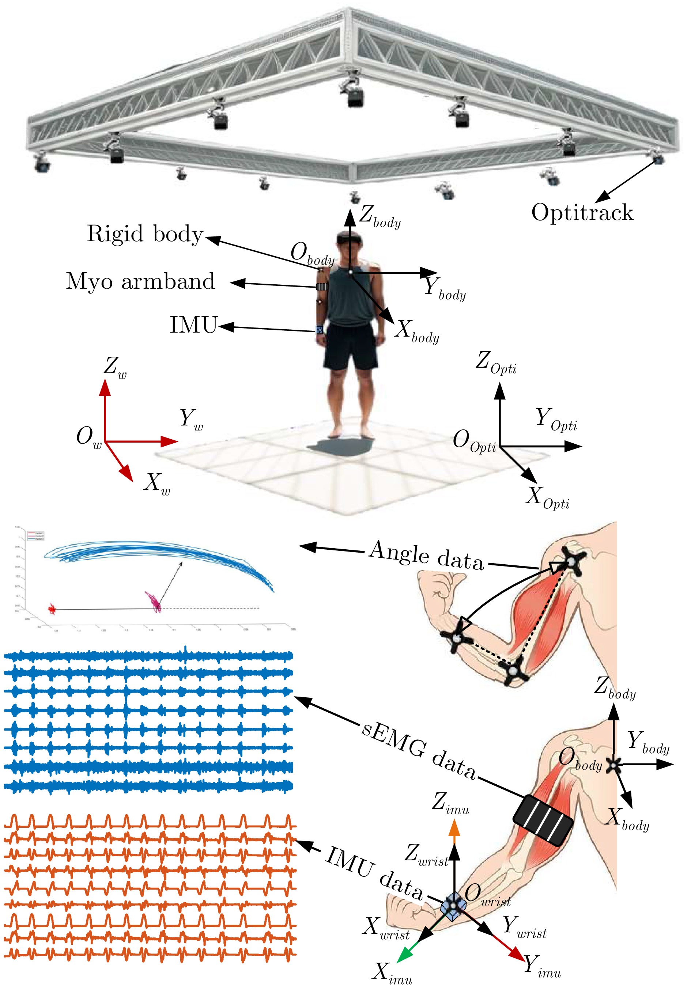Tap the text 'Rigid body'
pos(145,234)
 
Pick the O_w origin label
pos(88,436)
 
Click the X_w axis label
pos(156,483)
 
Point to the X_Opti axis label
pos(547,497)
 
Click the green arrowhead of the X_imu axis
pos(403,954)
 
